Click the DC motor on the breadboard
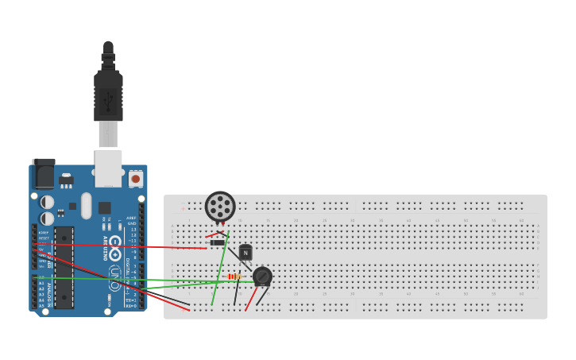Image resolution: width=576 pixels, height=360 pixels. point(220,207)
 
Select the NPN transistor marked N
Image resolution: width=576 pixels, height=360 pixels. point(245,253)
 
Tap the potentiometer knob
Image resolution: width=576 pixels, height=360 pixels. point(262,277)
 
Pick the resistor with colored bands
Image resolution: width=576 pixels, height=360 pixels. point(234,277)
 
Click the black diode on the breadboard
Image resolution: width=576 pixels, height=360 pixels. point(216,242)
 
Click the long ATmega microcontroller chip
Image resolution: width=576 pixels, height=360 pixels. point(64,267)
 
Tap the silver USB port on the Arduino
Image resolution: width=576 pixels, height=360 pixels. point(108,167)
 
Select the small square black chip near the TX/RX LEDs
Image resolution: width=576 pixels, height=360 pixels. point(105,207)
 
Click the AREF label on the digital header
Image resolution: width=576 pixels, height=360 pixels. point(131,218)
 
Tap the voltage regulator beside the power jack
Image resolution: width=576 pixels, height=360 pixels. point(66,180)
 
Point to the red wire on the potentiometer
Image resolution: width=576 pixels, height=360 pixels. point(251,300)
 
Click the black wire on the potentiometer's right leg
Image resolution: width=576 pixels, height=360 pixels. point(263,297)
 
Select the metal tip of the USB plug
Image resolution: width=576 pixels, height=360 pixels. point(108,134)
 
